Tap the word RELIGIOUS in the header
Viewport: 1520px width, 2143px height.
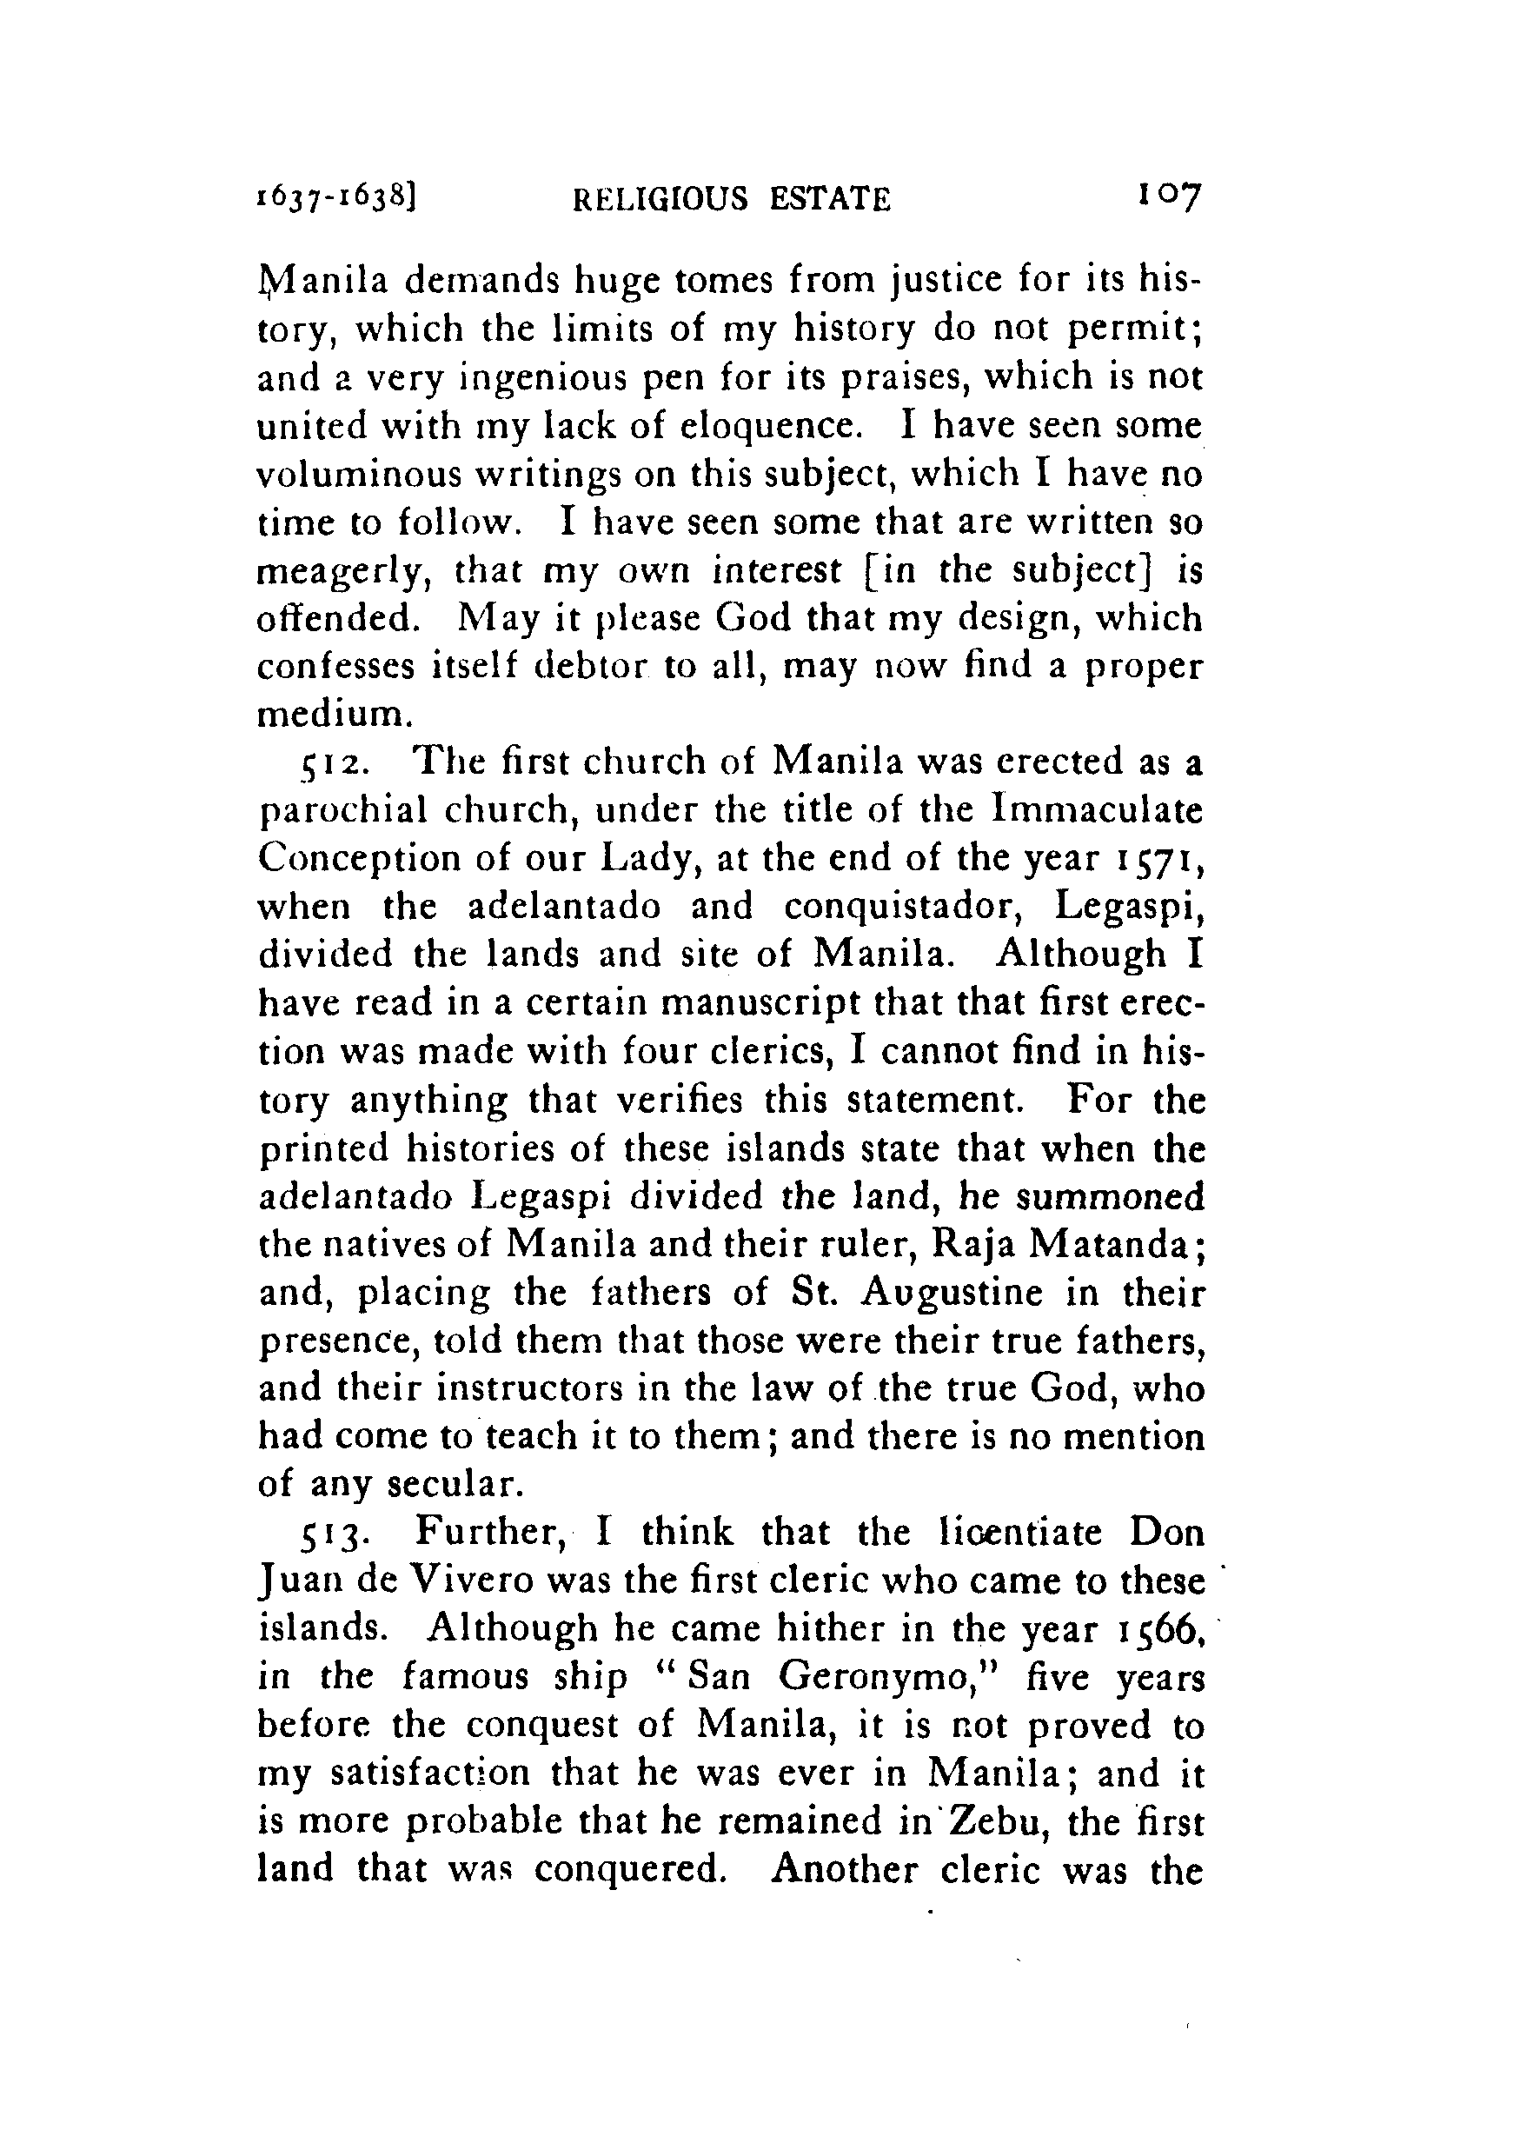pyautogui.click(x=660, y=199)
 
